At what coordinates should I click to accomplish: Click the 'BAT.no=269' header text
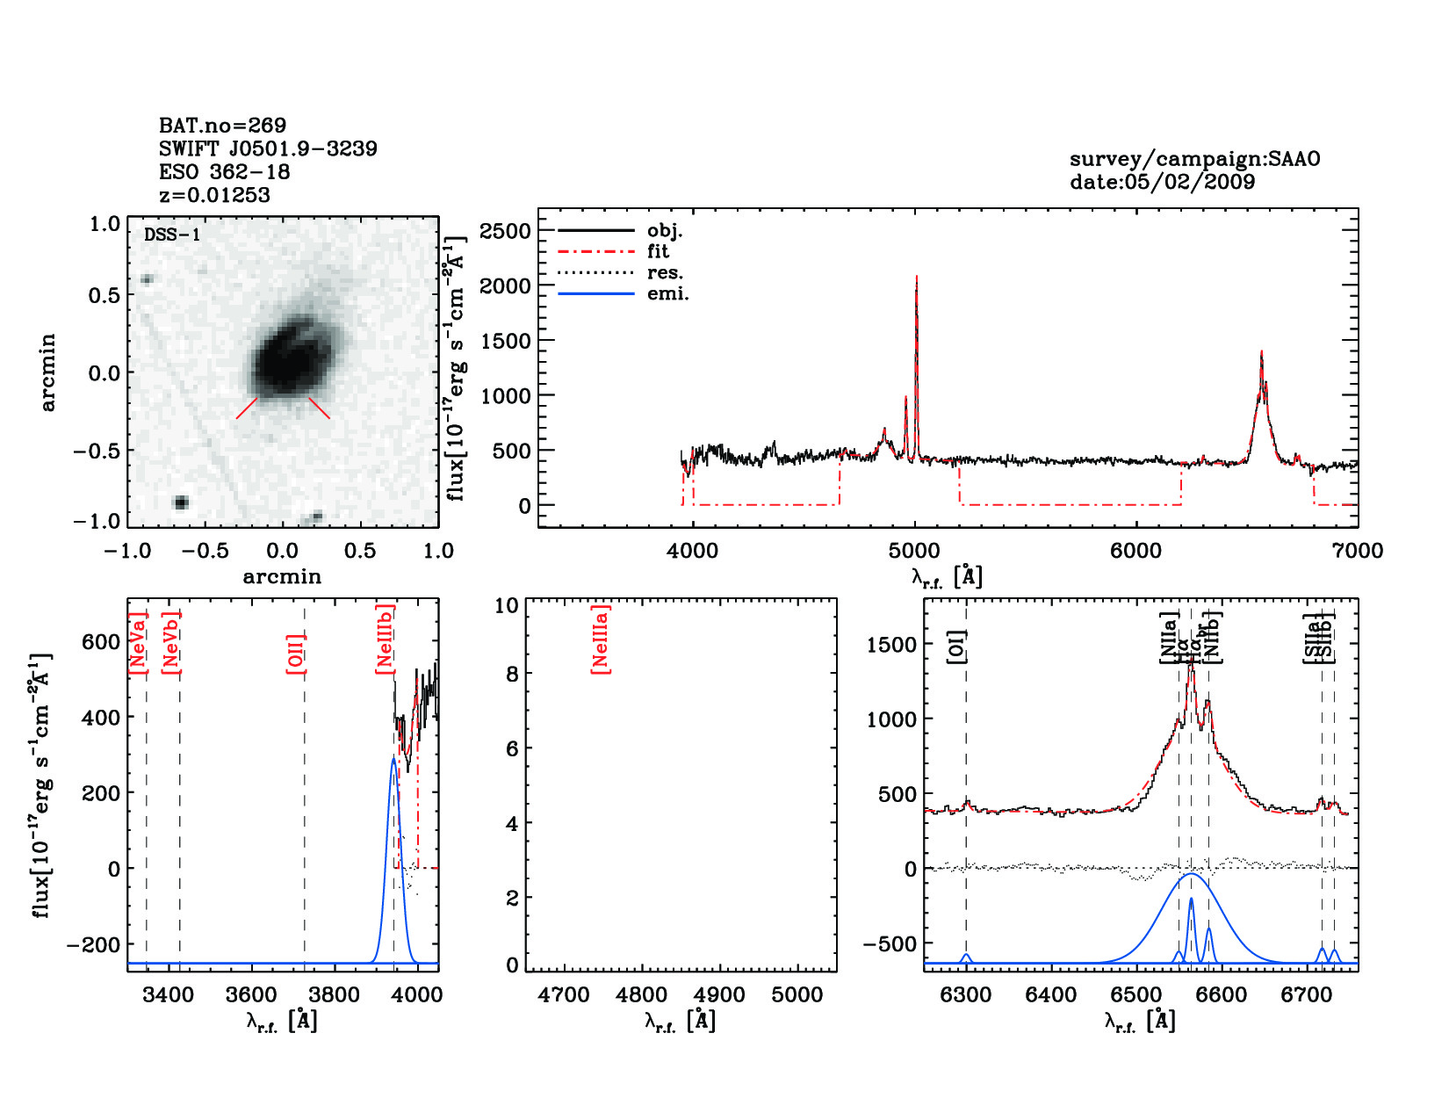[x=222, y=126]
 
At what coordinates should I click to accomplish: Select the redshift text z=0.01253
[x=214, y=195]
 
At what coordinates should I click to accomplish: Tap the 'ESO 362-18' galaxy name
[x=224, y=171]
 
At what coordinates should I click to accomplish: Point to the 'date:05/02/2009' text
[x=1162, y=182]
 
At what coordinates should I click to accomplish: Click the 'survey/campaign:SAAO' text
[x=1194, y=159]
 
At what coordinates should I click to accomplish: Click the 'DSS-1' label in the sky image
[x=172, y=235]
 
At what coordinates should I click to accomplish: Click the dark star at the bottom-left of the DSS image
[x=181, y=502]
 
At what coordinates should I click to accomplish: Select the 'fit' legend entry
[x=658, y=252]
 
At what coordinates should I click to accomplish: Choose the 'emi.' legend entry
[x=667, y=294]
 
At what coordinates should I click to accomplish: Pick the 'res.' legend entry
[x=665, y=273]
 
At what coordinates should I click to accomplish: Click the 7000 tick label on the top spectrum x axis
[x=1357, y=551]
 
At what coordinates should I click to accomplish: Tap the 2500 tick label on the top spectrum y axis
[x=505, y=231]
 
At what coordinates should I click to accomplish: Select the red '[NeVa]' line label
[x=138, y=643]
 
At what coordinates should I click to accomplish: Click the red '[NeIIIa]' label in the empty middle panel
[x=601, y=639]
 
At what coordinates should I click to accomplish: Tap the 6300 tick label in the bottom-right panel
[x=965, y=995]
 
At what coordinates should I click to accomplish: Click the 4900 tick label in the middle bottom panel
[x=719, y=995]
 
